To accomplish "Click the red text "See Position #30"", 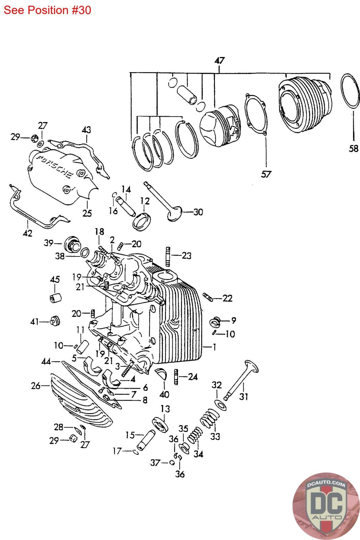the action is click(47, 10).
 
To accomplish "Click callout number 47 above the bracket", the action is click(220, 60).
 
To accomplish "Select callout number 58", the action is click(354, 148).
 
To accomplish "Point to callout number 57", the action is click(266, 174).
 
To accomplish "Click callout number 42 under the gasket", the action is click(27, 233).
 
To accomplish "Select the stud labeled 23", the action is click(168, 257).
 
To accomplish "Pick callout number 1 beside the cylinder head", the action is click(214, 347).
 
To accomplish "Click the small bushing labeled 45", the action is click(55, 298).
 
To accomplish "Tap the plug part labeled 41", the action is click(55, 321).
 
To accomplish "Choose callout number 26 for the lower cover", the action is click(36, 386).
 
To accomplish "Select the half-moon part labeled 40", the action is click(161, 373).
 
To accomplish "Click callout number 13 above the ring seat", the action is click(165, 409).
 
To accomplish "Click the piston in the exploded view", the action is click(220, 126).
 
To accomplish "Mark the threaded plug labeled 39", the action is click(72, 244).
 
